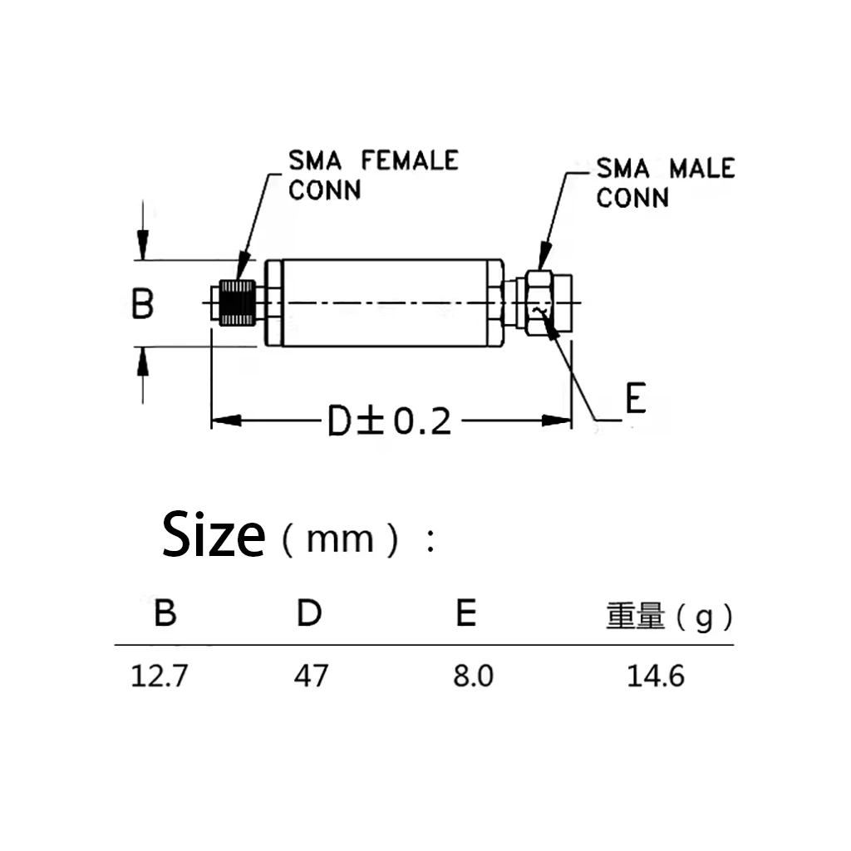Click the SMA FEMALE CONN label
pyautogui.click(x=372, y=175)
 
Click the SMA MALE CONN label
pyautogui.click(x=665, y=183)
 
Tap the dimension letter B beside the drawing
pyautogui.click(x=143, y=304)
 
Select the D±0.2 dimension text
pyautogui.click(x=389, y=422)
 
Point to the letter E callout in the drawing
pyautogui.click(x=635, y=400)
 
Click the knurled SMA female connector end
pyautogui.click(x=238, y=303)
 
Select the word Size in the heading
pyautogui.click(x=214, y=536)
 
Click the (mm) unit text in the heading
pyautogui.click(x=340, y=541)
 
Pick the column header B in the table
pyautogui.click(x=165, y=614)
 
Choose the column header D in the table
pyautogui.click(x=310, y=614)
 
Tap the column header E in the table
pyautogui.click(x=466, y=614)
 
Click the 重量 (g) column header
pyautogui.click(x=669, y=617)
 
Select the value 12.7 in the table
pyautogui.click(x=160, y=676)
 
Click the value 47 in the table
pyautogui.click(x=311, y=676)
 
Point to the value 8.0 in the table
pyautogui.click(x=473, y=676)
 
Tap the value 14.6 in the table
pyautogui.click(x=656, y=676)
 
